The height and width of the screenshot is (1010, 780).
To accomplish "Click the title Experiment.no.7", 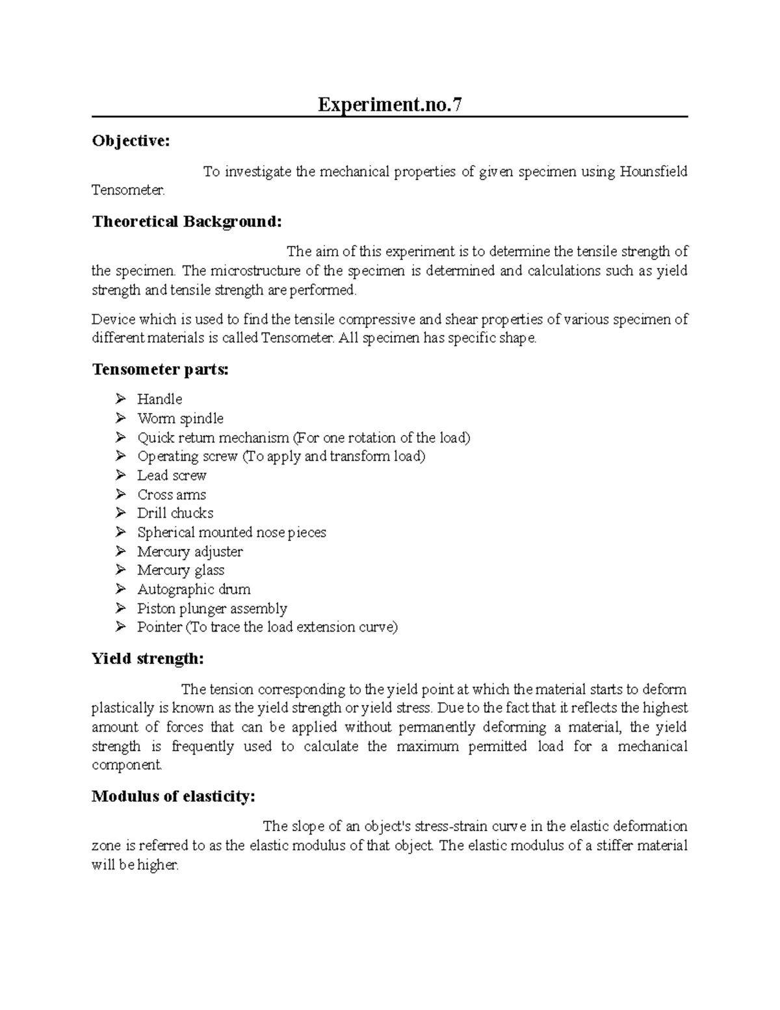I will [390, 105].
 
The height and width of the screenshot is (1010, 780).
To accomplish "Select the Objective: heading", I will [131, 141].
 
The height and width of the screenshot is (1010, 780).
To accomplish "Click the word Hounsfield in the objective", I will [653, 172].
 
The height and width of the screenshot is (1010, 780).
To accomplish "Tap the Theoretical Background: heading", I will [187, 222].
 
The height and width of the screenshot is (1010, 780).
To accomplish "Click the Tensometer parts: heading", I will [161, 370].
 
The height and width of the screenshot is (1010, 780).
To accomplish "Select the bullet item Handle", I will [159, 399].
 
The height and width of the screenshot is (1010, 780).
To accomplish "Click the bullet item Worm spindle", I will [180, 418].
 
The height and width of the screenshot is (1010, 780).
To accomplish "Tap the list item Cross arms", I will [172, 494].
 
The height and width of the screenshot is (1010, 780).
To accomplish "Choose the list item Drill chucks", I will [175, 513].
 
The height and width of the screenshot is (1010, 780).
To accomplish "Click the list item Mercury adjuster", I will [190, 552].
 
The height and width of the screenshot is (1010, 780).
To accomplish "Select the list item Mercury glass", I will [181, 570].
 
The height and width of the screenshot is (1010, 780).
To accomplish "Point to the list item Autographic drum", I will [194, 589].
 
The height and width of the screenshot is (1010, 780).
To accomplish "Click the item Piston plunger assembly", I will [212, 609].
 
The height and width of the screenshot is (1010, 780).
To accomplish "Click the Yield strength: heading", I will [148, 659].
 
